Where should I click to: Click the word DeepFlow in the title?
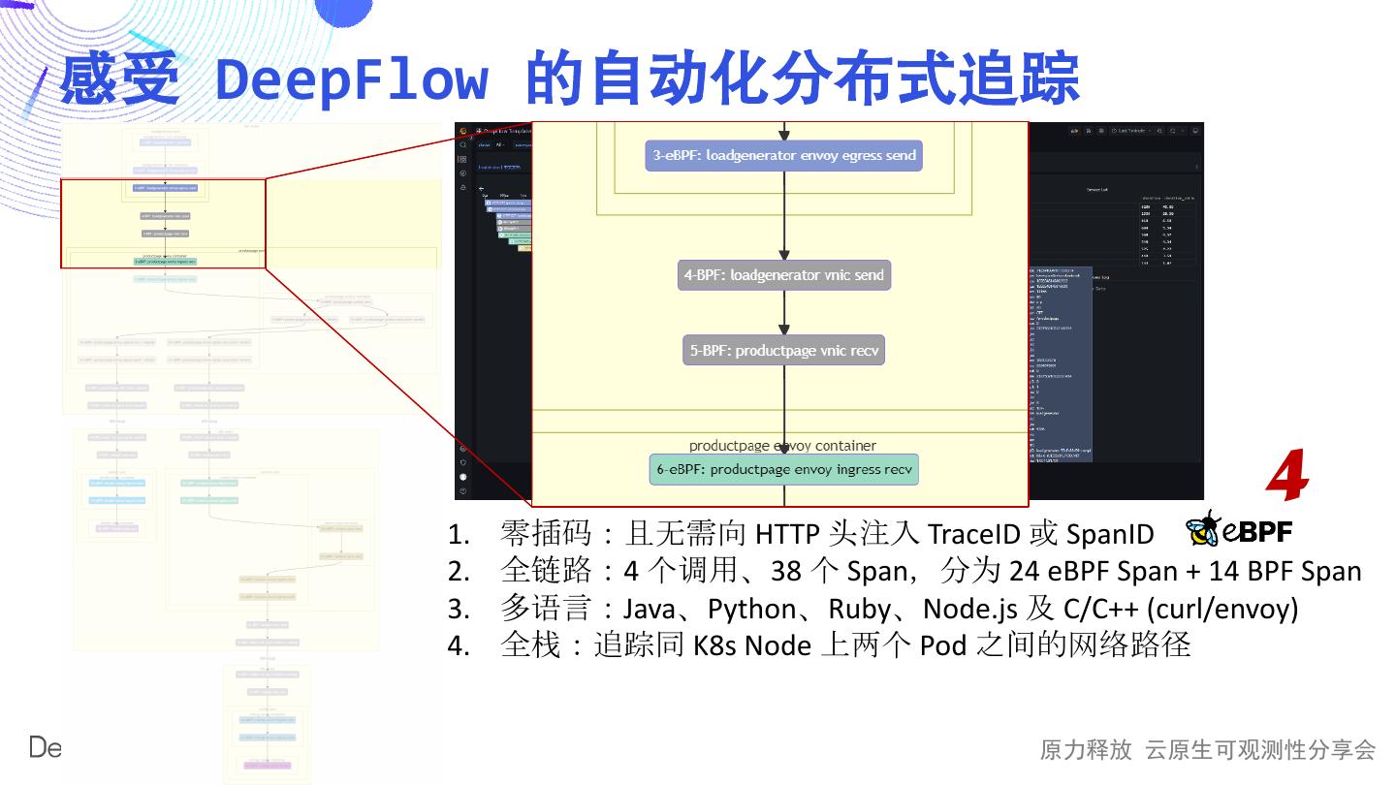pyautogui.click(x=352, y=78)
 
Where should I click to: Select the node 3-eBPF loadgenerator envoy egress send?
pyautogui.click(x=783, y=155)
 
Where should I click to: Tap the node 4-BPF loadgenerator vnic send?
pyautogui.click(x=783, y=274)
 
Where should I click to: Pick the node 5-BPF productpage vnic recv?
pyautogui.click(x=783, y=350)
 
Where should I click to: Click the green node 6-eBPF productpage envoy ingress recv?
pyautogui.click(x=783, y=470)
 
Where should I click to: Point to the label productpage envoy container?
pyautogui.click(x=782, y=446)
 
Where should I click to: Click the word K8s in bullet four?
pyautogui.click(x=715, y=644)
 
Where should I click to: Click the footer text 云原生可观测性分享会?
pyautogui.click(x=1260, y=749)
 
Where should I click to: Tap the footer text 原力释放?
pyautogui.click(x=1085, y=749)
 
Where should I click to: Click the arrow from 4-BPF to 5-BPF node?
pyautogui.click(x=784, y=312)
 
